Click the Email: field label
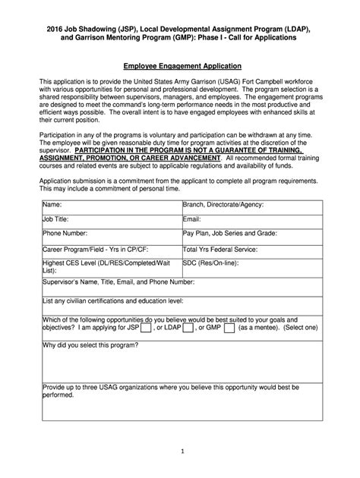point(191,219)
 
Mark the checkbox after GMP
point(229,329)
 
